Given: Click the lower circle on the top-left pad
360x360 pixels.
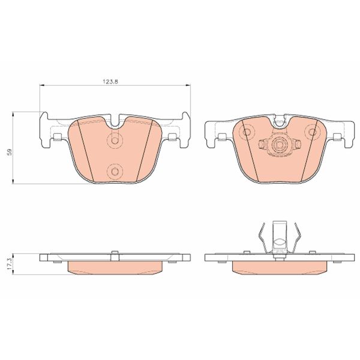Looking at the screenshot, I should coord(115,172).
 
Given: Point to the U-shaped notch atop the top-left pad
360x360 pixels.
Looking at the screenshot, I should coord(115,122).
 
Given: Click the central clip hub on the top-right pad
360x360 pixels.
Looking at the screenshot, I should coord(278,145).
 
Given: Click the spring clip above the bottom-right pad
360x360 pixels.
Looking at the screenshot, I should coord(278,237).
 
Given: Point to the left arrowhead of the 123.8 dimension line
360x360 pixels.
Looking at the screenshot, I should coord(42,86).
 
